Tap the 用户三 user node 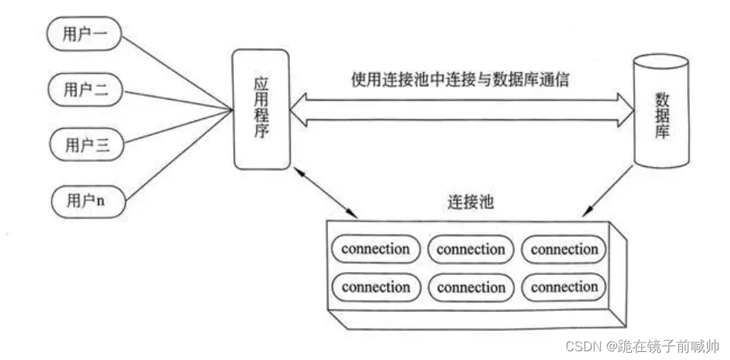[x=85, y=145]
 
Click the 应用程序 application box [x=259, y=109]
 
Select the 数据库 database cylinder [x=661, y=111]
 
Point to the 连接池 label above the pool [x=471, y=202]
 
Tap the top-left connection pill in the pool [x=376, y=249]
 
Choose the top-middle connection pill [x=471, y=249]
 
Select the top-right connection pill [x=564, y=249]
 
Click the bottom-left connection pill [x=376, y=287]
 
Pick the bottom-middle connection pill [x=471, y=287]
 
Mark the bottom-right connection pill [x=564, y=287]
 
